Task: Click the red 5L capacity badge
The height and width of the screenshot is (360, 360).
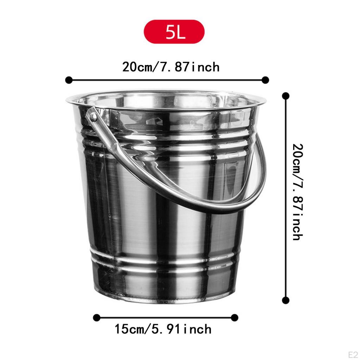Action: (x=174, y=32)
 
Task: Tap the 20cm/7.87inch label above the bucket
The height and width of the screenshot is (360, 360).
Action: (x=171, y=67)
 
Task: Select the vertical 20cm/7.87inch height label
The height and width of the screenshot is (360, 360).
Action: (x=297, y=192)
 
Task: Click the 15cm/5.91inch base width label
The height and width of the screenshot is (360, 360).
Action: (x=163, y=329)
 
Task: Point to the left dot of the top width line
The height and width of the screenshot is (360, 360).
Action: (x=69, y=80)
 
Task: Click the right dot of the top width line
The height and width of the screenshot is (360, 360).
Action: (x=265, y=80)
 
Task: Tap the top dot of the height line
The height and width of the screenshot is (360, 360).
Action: (x=286, y=96)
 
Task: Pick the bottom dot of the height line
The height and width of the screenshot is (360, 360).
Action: (x=286, y=300)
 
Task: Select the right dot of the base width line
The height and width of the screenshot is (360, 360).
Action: (x=234, y=318)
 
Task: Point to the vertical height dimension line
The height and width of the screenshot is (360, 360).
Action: (x=286, y=197)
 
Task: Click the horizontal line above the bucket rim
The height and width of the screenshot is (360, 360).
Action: (x=167, y=80)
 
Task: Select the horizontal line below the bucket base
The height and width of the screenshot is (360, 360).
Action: (x=165, y=318)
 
